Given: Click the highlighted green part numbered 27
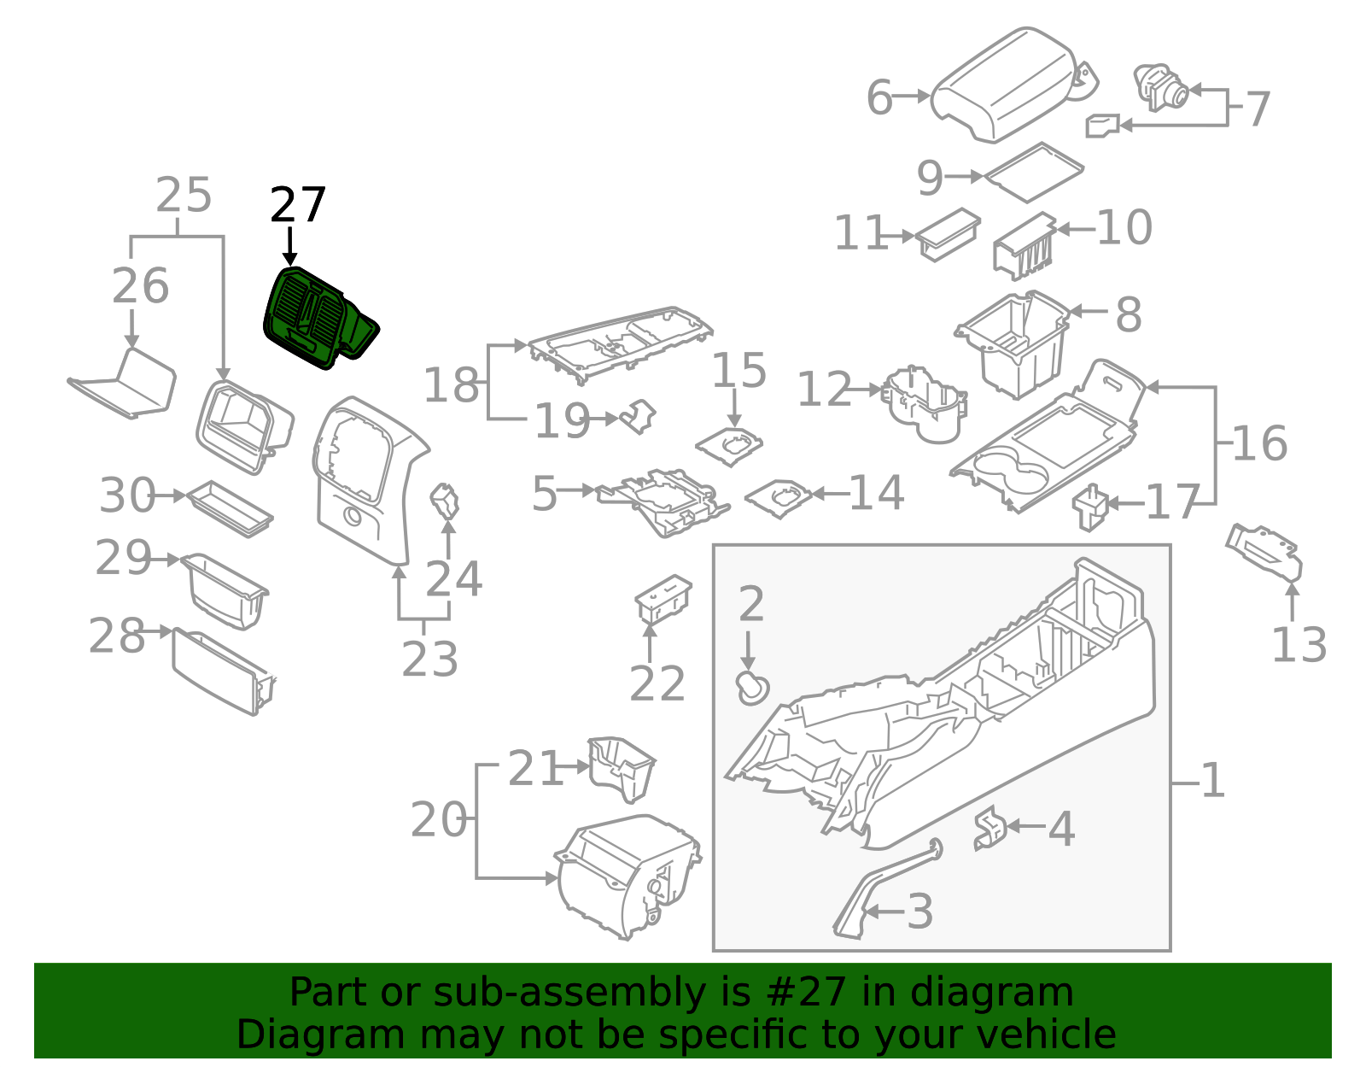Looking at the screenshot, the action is (318, 318).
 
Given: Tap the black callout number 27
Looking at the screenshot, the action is (298, 205).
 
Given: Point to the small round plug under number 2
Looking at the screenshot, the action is (752, 688).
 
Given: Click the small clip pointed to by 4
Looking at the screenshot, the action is (989, 828).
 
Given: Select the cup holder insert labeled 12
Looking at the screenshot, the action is (925, 404).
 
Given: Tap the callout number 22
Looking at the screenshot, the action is (657, 683).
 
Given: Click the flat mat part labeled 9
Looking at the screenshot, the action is (1033, 173).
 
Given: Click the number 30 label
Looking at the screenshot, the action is (127, 495).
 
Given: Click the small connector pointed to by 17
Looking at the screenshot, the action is (1089, 507).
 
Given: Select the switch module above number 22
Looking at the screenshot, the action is (663, 598).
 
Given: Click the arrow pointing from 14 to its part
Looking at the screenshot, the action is (831, 494).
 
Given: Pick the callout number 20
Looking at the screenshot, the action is (438, 820).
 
